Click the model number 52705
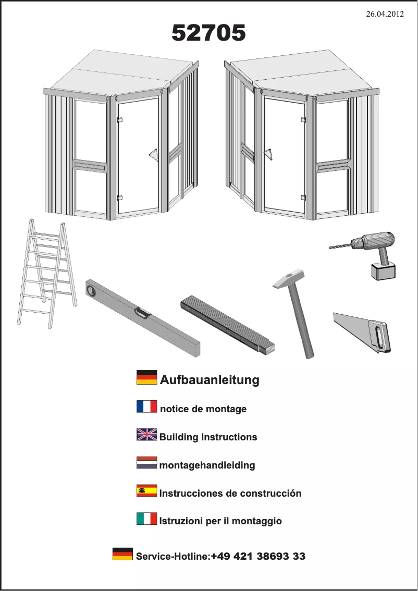coord(208,33)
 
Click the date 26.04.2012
coord(385,14)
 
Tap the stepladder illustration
coord(47,274)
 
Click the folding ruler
coord(228,325)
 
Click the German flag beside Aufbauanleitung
coord(146,377)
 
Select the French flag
coord(146,407)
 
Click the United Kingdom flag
coord(146,435)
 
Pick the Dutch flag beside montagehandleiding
coord(146,462)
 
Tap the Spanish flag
coord(146,490)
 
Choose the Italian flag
coord(146,519)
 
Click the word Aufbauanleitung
coord(210,379)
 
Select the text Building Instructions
coord(208,437)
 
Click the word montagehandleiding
coord(207,465)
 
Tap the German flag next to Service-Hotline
coord(122,553)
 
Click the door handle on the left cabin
coord(153,154)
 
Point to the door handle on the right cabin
coord(268,155)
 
